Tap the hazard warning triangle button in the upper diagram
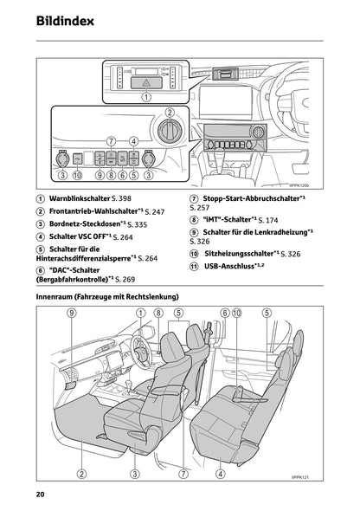click(x=146, y=79)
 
